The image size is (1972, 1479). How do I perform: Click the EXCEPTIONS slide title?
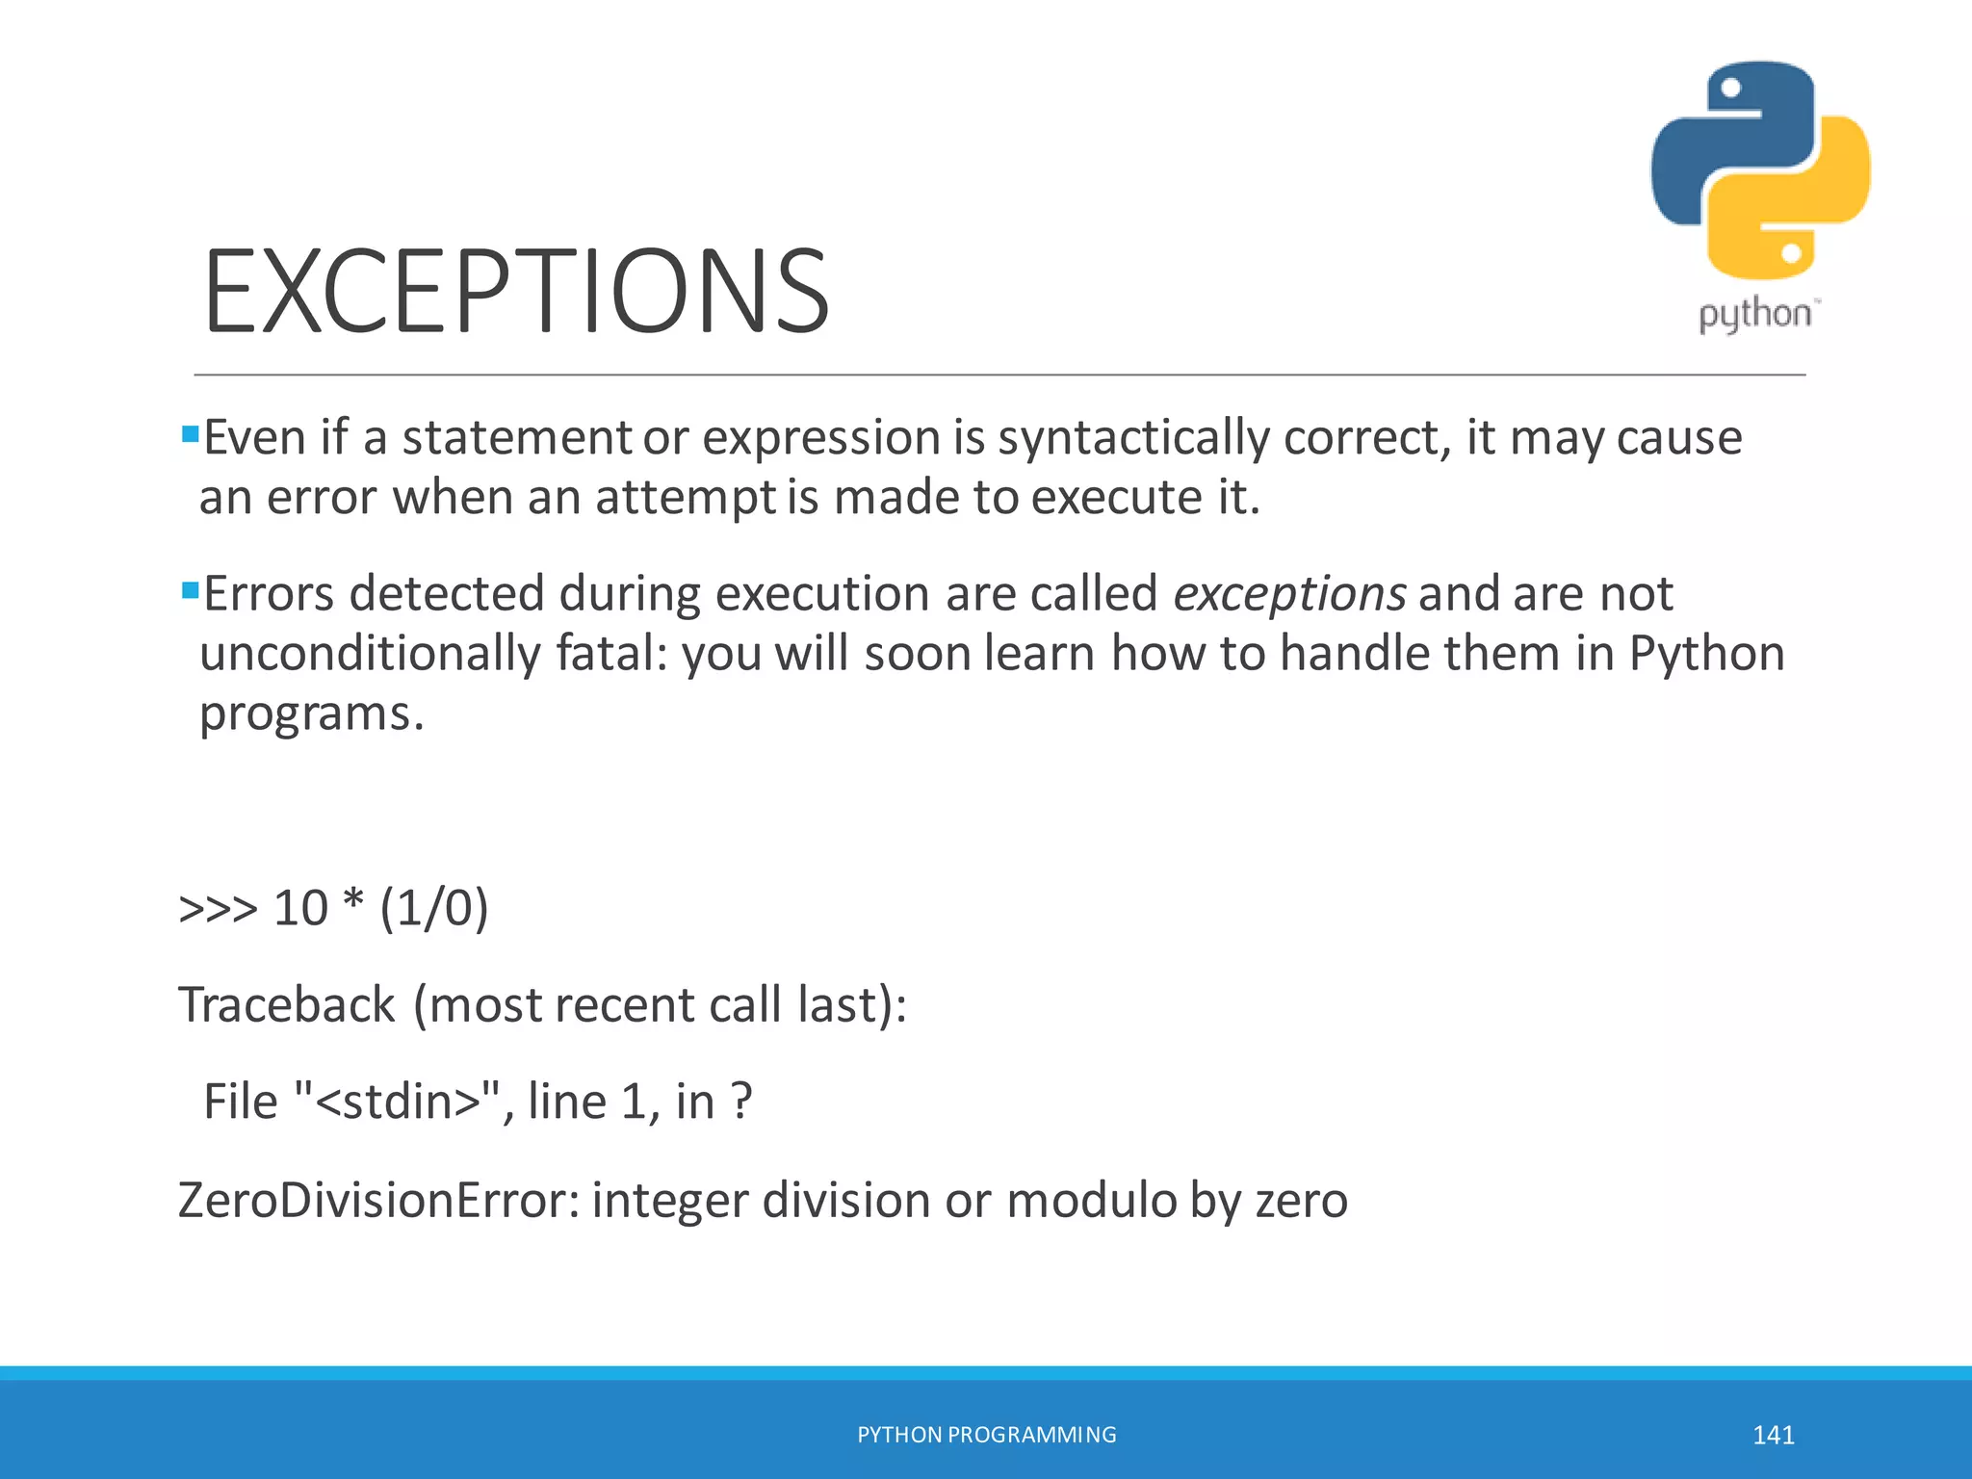point(515,291)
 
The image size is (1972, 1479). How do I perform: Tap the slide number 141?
point(1773,1436)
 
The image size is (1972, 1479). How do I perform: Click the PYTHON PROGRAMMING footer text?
point(986,1435)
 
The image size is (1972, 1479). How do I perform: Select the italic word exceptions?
point(1288,594)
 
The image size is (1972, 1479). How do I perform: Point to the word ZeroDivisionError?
point(377,1201)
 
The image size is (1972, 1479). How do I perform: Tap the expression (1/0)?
point(433,908)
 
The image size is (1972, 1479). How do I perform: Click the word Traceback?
point(286,1005)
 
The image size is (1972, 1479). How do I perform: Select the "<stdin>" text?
point(397,1102)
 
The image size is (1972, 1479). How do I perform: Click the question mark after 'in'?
point(740,1102)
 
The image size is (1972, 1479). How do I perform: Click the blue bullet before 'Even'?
point(190,433)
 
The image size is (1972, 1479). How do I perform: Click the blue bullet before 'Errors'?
point(190,589)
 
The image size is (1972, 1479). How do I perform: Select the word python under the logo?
point(1754,315)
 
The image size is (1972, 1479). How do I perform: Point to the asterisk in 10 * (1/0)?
point(353,902)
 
